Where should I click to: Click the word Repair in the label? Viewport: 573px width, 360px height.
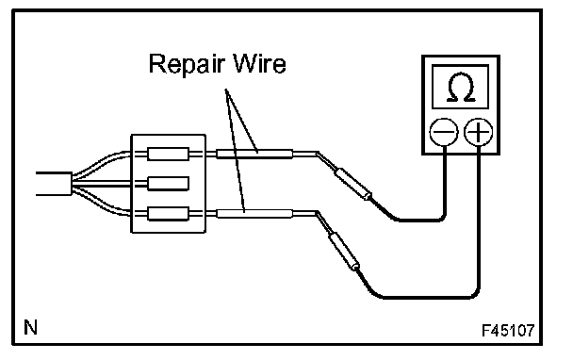pos(186,65)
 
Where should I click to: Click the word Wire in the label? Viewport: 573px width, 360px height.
pos(260,63)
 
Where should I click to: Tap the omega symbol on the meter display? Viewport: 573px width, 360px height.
pos(461,88)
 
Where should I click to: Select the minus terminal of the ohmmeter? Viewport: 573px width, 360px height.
pos(444,132)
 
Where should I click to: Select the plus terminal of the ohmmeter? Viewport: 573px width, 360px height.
pos(479,132)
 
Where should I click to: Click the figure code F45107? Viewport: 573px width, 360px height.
pos(508,331)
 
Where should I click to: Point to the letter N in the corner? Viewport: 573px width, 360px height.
pos(31,327)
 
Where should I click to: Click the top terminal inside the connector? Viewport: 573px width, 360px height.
pos(168,154)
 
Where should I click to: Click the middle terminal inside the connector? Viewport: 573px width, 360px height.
pos(168,184)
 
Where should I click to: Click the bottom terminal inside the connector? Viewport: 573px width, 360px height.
pos(168,213)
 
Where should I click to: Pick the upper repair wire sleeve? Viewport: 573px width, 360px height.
pos(254,154)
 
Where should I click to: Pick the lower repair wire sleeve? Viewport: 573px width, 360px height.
pos(254,214)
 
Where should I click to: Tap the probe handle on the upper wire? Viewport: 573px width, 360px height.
pos(353,184)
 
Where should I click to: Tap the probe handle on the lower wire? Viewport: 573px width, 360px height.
pos(344,252)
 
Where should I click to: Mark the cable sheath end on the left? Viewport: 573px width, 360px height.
pos(72,184)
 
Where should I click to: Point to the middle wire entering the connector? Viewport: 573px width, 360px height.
pos(103,184)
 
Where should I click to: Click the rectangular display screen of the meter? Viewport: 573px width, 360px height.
pos(461,87)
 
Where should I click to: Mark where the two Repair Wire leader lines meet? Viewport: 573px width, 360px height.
pos(226,90)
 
